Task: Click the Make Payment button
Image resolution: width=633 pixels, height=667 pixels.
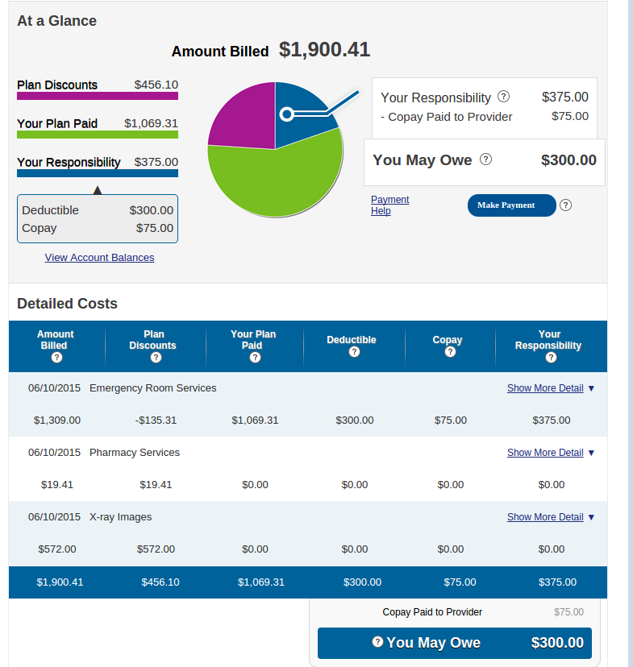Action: click(x=511, y=205)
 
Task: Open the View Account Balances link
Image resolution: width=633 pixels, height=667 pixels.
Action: click(x=99, y=258)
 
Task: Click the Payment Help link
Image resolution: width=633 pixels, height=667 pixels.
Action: click(x=389, y=205)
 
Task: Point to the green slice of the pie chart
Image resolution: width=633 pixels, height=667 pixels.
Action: click(x=274, y=181)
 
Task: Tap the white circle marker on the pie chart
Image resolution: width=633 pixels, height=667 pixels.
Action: click(x=286, y=114)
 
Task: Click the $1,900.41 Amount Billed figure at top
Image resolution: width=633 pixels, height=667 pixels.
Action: click(x=324, y=50)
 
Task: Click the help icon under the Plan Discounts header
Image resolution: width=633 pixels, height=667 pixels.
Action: click(x=153, y=358)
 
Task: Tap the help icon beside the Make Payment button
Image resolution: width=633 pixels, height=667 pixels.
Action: click(x=565, y=205)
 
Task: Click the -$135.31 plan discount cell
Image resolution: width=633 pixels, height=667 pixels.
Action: click(x=156, y=420)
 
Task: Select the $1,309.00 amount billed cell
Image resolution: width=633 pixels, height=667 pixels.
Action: click(x=57, y=420)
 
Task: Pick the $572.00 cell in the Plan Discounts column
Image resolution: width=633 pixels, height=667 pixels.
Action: click(x=156, y=549)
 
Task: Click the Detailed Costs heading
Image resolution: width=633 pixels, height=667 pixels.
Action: click(x=67, y=304)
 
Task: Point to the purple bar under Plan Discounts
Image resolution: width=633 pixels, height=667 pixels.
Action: click(x=97, y=96)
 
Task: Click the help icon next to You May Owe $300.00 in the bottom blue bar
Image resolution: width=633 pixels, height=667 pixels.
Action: click(x=377, y=642)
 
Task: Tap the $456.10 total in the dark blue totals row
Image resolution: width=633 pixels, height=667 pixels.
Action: click(x=160, y=582)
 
